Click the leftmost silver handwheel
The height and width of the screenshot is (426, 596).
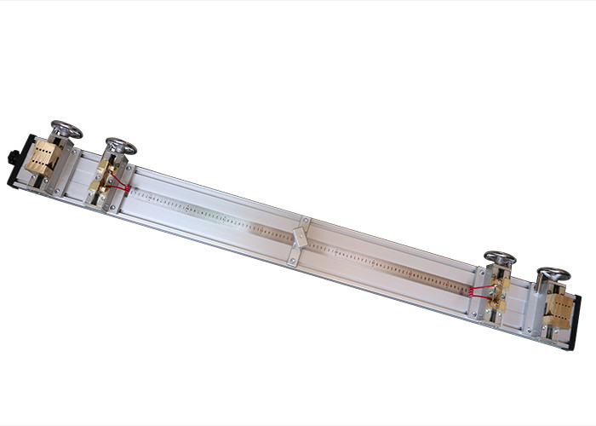(x=66, y=130)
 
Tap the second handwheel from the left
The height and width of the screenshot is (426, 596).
(x=121, y=146)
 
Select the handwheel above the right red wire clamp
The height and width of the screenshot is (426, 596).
(x=500, y=257)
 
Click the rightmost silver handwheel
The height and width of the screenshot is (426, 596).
(x=553, y=274)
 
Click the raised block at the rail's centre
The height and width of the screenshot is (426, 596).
(x=299, y=236)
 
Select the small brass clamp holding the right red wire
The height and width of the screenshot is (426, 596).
(x=497, y=291)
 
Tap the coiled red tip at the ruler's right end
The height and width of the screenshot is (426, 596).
(x=467, y=291)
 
